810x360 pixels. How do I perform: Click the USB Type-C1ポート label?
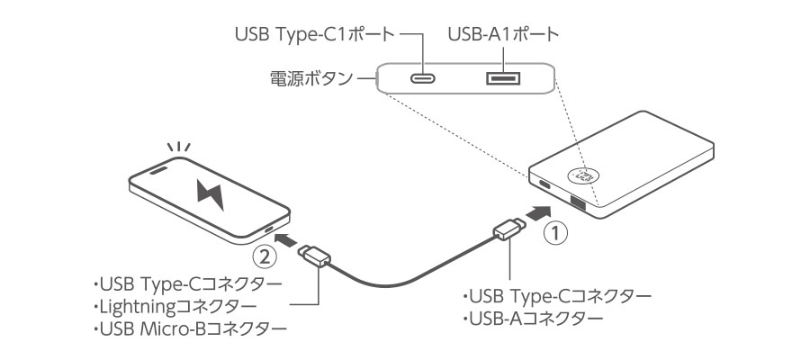pyautogui.click(x=315, y=35)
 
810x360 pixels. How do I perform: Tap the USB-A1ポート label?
pyautogui.click(x=504, y=34)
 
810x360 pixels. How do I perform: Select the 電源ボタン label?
pyautogui.click(x=311, y=79)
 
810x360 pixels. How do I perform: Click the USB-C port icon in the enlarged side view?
pyautogui.click(x=423, y=79)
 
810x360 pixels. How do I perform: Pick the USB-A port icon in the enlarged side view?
pyautogui.click(x=503, y=79)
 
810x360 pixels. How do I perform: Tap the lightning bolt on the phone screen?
pyautogui.click(x=211, y=194)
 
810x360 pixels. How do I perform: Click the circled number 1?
pyautogui.click(x=555, y=234)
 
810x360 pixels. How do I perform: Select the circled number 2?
pyautogui.click(x=264, y=256)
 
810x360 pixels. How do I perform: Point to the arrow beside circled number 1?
pyautogui.click(x=539, y=211)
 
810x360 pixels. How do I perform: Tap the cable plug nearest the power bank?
pyautogui.click(x=509, y=229)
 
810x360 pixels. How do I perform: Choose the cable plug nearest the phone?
pyautogui.click(x=314, y=256)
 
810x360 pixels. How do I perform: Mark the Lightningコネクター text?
pyautogui.click(x=174, y=306)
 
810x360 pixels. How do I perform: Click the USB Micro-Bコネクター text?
pyautogui.click(x=190, y=328)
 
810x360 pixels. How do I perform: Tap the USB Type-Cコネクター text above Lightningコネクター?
pyautogui.click(x=187, y=284)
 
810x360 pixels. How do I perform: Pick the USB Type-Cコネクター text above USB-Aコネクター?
pyautogui.click(x=557, y=296)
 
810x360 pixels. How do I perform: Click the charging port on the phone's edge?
pyautogui.click(x=270, y=229)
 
